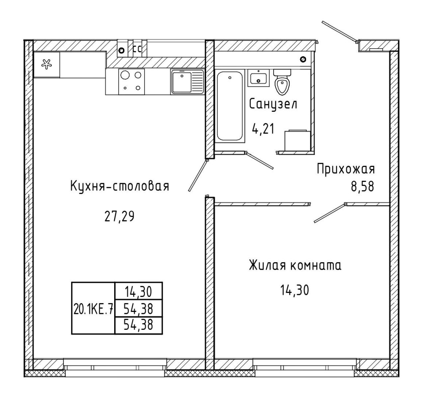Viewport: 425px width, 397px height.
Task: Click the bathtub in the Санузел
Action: tap(230, 106)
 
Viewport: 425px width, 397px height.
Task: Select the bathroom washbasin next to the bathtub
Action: tap(259, 78)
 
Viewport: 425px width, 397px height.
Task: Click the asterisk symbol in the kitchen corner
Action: tap(46, 64)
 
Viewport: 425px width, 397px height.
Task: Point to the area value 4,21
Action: tap(263, 129)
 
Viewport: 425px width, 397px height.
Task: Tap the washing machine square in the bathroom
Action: tap(298, 140)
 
